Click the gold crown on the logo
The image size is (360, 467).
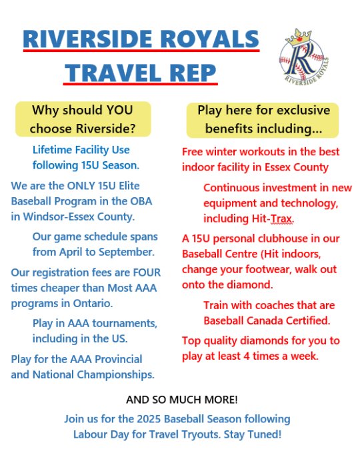pyautogui.click(x=299, y=38)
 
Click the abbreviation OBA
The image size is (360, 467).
pyautogui.click(x=141, y=201)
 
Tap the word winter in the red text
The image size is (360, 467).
pyautogui.click(x=221, y=152)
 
